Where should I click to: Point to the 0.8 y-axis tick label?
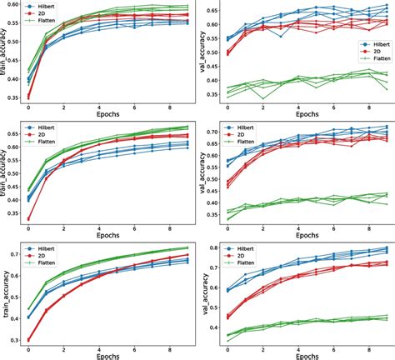point(213,247)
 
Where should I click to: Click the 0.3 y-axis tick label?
point(14,340)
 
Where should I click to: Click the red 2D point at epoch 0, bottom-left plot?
point(29,340)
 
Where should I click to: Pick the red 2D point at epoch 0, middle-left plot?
point(29,219)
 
